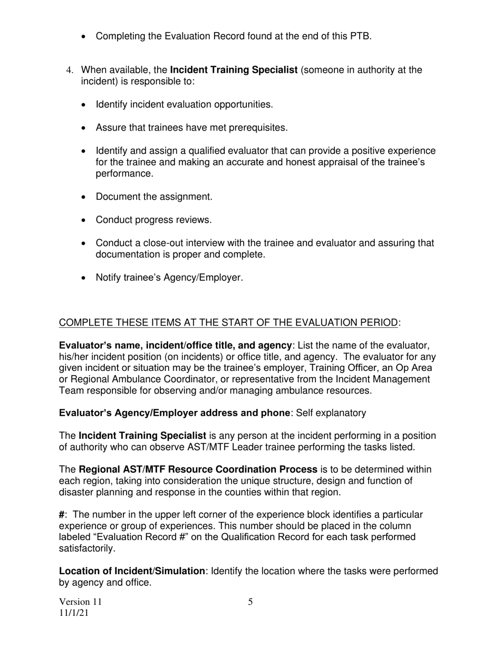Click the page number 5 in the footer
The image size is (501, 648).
(250, 602)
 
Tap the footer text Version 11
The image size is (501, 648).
(81, 602)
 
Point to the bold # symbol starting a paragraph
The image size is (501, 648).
(61, 515)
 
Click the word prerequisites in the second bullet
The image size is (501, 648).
(257, 127)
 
